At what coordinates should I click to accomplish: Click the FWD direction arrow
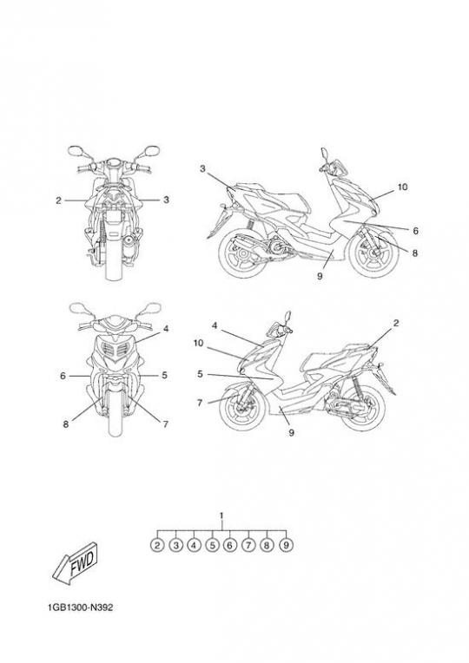pos(76,565)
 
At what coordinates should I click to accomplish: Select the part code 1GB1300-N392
pos(81,607)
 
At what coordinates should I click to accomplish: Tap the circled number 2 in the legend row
pos(157,545)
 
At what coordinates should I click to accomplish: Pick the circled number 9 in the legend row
pos(286,545)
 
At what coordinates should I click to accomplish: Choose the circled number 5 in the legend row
pos(212,545)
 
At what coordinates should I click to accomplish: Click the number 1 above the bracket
pos(221,515)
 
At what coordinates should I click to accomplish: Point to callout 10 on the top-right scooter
pos(402,187)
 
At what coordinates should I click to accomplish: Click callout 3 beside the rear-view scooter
pos(167,199)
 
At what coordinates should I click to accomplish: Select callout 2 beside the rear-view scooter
pos(58,200)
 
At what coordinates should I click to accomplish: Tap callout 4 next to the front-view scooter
pos(166,328)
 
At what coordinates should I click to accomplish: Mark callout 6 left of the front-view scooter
pos(63,376)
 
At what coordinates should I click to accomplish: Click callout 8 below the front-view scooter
pos(66,423)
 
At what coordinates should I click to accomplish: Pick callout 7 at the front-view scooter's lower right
pos(166,423)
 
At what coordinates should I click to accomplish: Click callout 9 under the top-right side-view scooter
pos(320,276)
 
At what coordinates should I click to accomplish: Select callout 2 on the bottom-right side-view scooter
pos(396,324)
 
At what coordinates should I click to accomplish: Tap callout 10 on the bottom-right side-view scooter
pos(199,343)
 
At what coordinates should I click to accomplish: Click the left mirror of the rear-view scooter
pos(75,150)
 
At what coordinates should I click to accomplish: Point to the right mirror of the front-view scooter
pos(152,307)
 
